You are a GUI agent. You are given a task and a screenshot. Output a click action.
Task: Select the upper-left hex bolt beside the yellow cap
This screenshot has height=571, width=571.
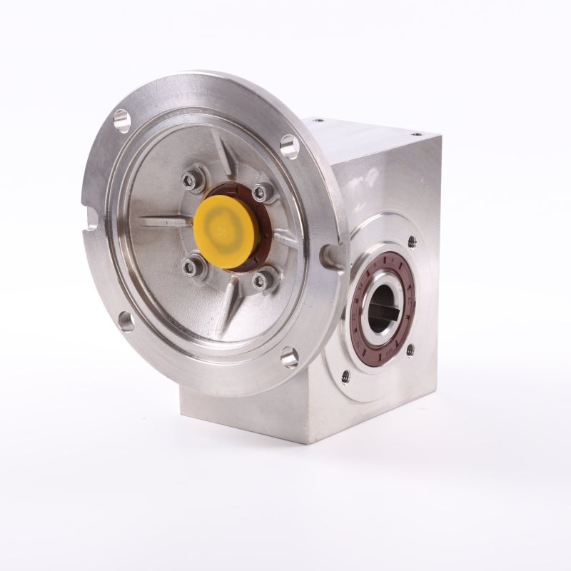click(x=191, y=181)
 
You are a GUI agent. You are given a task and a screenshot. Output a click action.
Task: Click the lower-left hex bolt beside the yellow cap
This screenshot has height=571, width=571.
click(x=190, y=268)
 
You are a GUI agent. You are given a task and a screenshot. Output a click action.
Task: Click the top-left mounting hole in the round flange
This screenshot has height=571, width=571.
click(x=122, y=121)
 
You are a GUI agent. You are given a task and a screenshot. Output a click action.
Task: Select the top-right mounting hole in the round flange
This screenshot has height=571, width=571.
click(x=289, y=146)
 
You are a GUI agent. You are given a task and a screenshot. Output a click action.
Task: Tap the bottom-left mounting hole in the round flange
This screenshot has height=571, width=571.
click(x=126, y=321)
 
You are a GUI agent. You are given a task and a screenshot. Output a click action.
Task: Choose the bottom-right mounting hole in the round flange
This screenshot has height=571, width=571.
click(x=289, y=357)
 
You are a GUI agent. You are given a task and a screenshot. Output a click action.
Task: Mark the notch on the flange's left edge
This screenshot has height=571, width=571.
click(x=91, y=217)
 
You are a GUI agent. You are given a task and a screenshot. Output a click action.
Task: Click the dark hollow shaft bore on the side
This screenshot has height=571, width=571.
click(x=377, y=308)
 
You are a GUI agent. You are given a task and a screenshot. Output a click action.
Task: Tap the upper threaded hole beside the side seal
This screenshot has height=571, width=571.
click(x=411, y=241)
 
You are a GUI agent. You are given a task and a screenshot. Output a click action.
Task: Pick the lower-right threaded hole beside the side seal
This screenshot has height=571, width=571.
click(x=410, y=350)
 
